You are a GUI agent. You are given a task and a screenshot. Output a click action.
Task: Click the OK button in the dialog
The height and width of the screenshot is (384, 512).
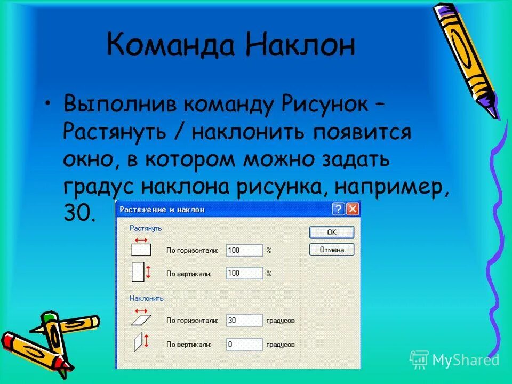click(331, 232)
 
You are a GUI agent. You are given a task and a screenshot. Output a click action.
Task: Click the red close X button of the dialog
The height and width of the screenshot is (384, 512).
click(352, 209)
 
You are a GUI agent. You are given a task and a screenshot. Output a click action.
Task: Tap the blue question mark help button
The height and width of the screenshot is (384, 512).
click(338, 209)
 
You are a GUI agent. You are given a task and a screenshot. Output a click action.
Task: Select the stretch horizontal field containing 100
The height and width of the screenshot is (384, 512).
click(244, 250)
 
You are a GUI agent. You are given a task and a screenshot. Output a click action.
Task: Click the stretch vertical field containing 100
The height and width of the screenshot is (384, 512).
click(244, 274)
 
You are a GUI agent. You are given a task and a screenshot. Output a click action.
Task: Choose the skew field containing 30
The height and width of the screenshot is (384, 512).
click(244, 321)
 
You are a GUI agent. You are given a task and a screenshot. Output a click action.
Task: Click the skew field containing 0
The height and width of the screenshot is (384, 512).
click(244, 345)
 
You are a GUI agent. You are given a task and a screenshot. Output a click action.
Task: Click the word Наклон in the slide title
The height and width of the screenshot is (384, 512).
click(300, 46)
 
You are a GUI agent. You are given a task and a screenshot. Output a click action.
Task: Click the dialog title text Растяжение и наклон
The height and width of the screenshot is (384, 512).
click(162, 210)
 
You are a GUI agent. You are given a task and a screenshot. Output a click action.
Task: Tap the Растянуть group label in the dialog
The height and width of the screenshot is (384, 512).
click(146, 228)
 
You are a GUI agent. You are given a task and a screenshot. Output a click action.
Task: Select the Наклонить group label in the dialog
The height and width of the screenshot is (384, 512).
click(147, 299)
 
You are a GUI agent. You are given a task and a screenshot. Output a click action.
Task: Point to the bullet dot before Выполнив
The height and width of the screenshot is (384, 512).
click(49, 103)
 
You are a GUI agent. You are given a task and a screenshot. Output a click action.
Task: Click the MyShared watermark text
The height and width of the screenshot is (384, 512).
click(466, 360)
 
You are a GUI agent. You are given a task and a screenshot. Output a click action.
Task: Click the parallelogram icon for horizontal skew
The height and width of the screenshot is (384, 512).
click(141, 321)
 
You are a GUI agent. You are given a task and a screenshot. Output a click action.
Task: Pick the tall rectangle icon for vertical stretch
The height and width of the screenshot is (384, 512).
click(138, 272)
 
